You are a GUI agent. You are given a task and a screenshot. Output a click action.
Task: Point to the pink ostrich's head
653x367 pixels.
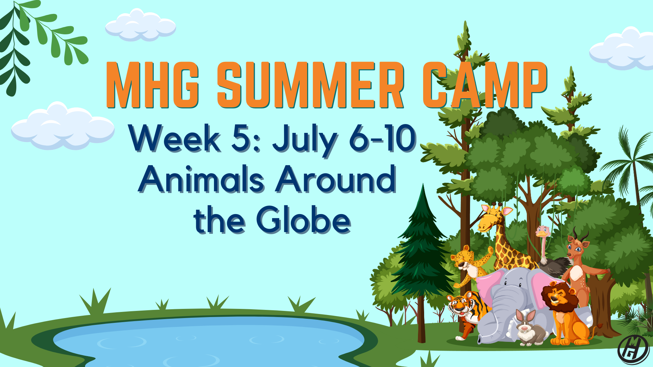pyautogui.click(x=543, y=231)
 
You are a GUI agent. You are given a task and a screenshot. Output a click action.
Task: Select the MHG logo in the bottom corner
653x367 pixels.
pyautogui.click(x=633, y=350)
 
